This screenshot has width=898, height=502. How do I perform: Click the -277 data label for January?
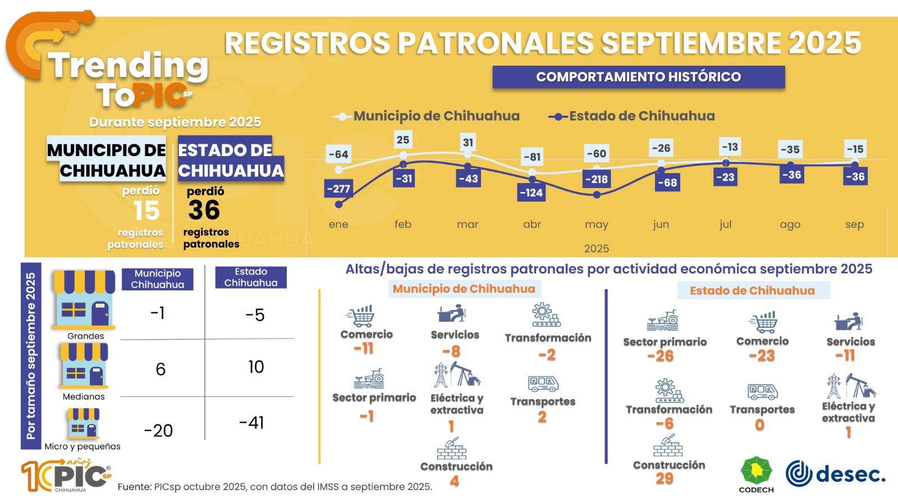pyautogui.click(x=338, y=189)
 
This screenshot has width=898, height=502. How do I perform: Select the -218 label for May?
pyautogui.click(x=597, y=179)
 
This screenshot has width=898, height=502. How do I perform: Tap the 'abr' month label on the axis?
pyautogui.click(x=532, y=224)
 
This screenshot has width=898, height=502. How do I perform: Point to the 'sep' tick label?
pyautogui.click(x=854, y=224)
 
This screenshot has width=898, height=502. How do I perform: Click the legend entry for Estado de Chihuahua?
pyautogui.click(x=631, y=116)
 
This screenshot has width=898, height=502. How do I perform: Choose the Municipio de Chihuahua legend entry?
pyautogui.click(x=426, y=116)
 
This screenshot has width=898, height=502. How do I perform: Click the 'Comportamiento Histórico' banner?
pyautogui.click(x=639, y=77)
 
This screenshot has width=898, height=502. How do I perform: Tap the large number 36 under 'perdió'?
pyautogui.click(x=204, y=209)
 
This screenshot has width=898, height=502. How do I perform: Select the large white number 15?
pyautogui.click(x=146, y=211)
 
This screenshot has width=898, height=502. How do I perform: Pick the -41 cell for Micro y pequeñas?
pyautogui.click(x=251, y=423)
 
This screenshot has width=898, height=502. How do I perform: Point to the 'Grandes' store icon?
pyautogui.click(x=84, y=299)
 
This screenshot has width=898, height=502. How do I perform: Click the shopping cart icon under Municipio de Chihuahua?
pyautogui.click(x=360, y=316)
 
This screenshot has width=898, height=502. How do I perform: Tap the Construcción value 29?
pyautogui.click(x=665, y=478)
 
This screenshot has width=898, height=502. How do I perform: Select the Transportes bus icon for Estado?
pyautogui.click(x=763, y=392)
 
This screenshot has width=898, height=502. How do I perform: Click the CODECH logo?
pyautogui.click(x=756, y=474)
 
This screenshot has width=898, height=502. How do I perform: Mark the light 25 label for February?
pyautogui.click(x=403, y=139)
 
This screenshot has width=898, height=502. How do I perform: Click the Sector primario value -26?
pyautogui.click(x=660, y=355)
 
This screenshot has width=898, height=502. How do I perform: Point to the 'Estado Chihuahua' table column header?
pyautogui.click(x=251, y=277)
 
